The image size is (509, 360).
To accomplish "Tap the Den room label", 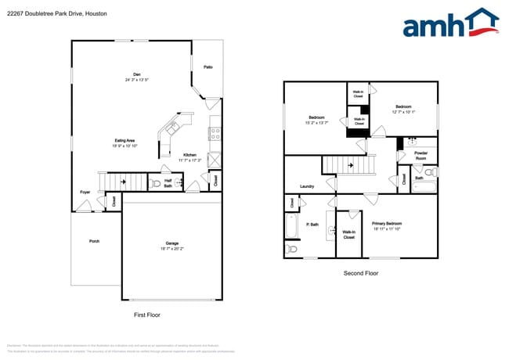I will click(136, 74).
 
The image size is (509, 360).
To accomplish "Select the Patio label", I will click(208, 67).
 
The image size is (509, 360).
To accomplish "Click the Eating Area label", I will click(125, 140).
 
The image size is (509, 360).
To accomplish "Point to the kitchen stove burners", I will click(215, 132).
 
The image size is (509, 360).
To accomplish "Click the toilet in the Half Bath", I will click(157, 184).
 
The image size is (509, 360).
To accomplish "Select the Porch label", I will click(94, 241).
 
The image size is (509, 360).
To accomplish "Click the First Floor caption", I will click(146, 313).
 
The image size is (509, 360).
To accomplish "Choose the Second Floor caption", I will click(361, 273).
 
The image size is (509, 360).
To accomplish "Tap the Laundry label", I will click(307, 186).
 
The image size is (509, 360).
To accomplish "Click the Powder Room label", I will click(421, 155).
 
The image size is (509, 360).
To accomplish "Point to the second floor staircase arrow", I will click(350, 166).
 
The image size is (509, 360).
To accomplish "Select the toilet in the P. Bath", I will click(291, 250).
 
